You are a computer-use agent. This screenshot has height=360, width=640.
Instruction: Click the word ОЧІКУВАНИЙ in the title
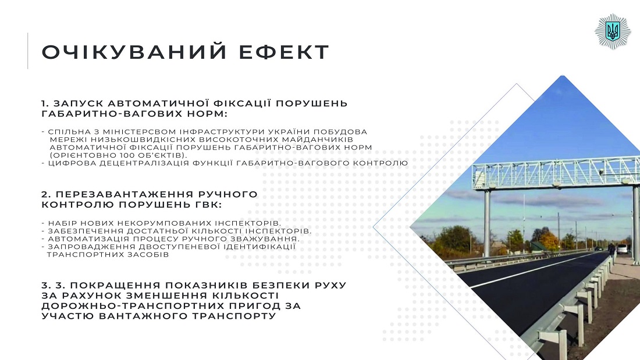tap(134, 52)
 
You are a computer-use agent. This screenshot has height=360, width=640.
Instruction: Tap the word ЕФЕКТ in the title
tap(284, 52)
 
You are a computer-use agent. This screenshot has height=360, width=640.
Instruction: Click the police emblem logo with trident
tap(613, 31)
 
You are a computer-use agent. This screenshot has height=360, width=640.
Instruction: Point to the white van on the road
tap(621, 248)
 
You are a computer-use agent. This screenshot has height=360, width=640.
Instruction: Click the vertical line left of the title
tap(28, 51)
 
